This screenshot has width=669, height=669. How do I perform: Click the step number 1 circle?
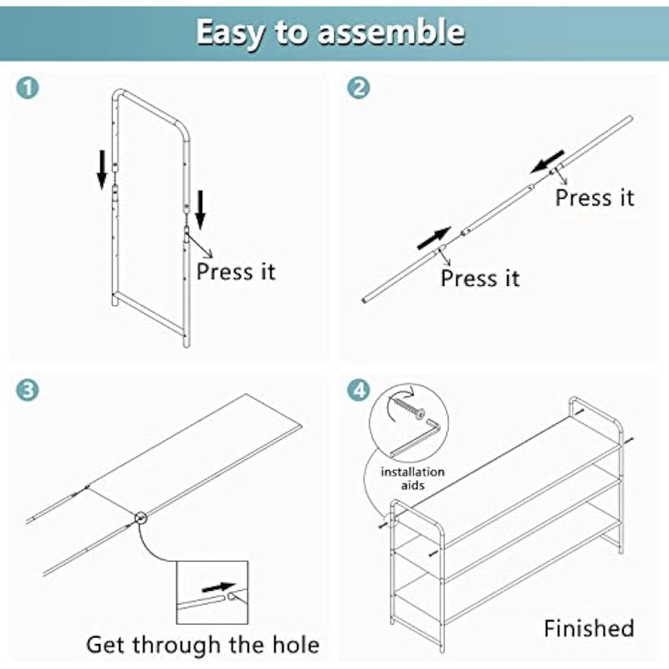(x=28, y=89)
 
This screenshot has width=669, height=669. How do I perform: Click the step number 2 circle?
(x=359, y=89)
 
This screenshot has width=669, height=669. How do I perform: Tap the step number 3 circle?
(x=28, y=390)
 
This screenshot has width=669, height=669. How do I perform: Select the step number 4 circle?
(x=359, y=390)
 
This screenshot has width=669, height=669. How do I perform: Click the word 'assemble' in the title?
(x=391, y=32)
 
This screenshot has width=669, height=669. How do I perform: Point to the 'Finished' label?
(x=589, y=629)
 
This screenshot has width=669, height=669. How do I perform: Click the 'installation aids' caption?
(x=412, y=478)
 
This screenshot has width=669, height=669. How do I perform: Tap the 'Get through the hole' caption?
(x=202, y=644)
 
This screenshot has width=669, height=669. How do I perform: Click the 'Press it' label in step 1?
(x=236, y=271)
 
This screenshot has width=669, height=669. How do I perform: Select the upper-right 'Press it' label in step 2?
(x=595, y=197)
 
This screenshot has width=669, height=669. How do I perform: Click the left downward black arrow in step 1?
(x=101, y=170)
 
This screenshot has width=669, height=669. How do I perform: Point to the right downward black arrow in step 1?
(x=200, y=210)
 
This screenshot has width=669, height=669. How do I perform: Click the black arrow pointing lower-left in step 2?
(x=548, y=161)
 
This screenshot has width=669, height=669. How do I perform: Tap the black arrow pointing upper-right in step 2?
(x=434, y=238)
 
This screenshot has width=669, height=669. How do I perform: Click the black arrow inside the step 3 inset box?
(x=218, y=587)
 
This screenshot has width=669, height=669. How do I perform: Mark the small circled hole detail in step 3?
(x=140, y=518)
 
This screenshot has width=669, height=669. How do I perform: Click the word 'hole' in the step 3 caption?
(x=296, y=644)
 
